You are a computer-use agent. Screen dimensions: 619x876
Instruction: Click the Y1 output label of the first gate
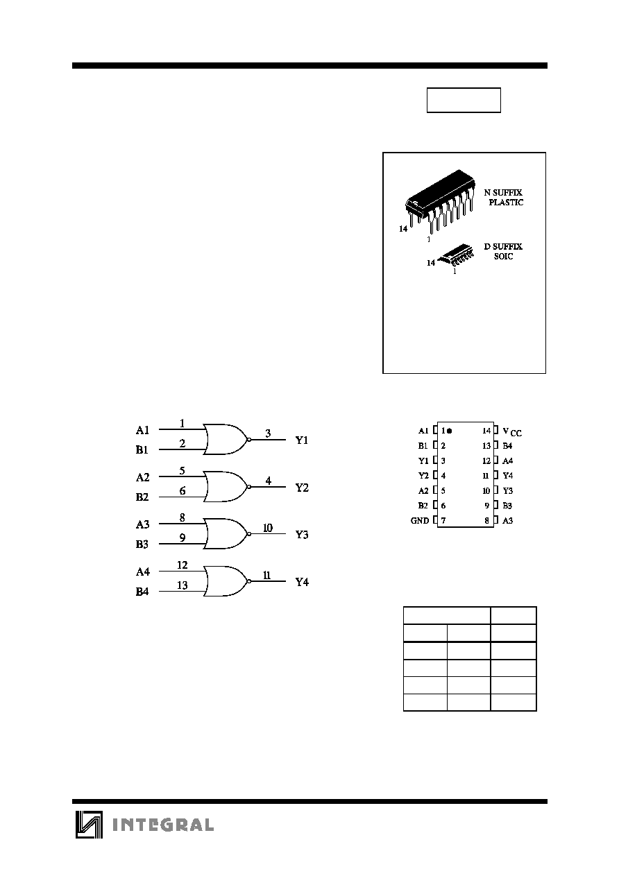(x=302, y=440)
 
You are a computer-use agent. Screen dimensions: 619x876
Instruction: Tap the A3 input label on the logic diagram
(x=143, y=524)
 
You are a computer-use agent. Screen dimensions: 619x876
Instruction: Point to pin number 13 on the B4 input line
(x=183, y=585)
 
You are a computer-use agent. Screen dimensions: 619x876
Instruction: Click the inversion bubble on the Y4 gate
(x=249, y=581)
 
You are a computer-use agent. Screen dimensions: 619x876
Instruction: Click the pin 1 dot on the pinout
(x=449, y=431)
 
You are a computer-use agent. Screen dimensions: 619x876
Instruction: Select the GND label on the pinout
(x=419, y=520)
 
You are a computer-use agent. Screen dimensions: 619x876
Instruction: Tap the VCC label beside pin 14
(x=512, y=431)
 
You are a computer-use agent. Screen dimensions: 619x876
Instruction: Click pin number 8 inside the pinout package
(x=486, y=520)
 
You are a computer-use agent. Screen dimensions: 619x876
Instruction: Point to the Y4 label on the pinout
(x=507, y=476)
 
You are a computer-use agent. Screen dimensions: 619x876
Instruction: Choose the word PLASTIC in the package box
(x=506, y=203)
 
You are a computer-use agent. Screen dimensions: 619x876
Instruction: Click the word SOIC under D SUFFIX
(x=503, y=256)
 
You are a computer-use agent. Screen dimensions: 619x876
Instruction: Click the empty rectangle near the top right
(x=464, y=100)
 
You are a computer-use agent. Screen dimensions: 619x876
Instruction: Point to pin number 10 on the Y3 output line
(x=268, y=528)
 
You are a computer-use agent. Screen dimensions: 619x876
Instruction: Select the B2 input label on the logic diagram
(x=142, y=497)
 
